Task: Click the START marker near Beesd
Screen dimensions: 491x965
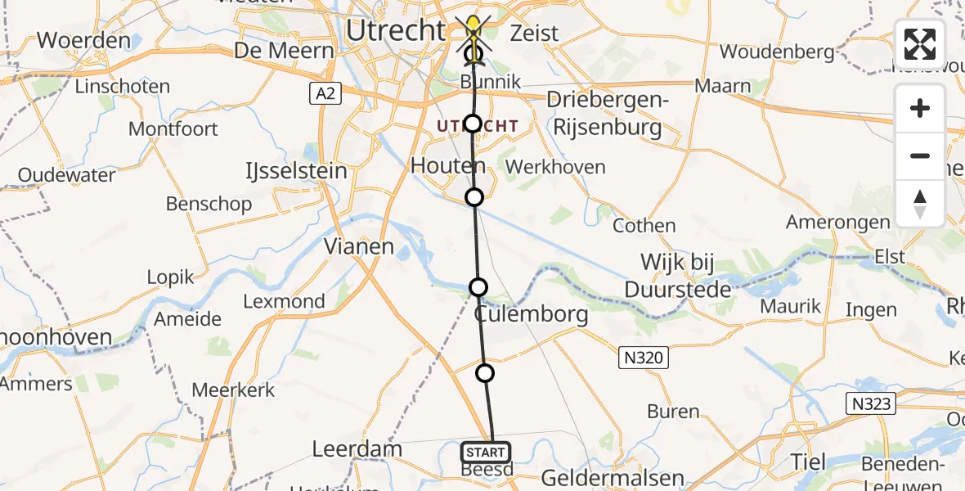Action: [x=486, y=452]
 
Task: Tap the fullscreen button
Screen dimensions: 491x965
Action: [x=920, y=44]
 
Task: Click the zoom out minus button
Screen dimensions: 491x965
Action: [x=920, y=155]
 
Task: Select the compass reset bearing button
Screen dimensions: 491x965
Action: [x=920, y=203]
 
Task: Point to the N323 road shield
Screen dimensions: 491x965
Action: [x=870, y=403]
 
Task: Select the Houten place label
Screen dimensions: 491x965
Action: [x=447, y=166]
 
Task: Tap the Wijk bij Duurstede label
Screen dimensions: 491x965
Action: [x=677, y=277]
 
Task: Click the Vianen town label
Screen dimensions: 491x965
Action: [x=359, y=246]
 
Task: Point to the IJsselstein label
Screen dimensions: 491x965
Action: [x=297, y=172]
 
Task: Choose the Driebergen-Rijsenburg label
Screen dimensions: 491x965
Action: [x=607, y=115]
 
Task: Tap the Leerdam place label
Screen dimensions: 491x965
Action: [x=357, y=449]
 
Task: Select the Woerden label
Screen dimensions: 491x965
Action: [x=73, y=40]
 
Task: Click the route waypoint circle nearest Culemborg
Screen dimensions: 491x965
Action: [x=478, y=287]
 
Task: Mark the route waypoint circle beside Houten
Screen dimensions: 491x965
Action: [x=474, y=197]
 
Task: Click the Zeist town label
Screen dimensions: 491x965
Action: [x=534, y=34]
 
